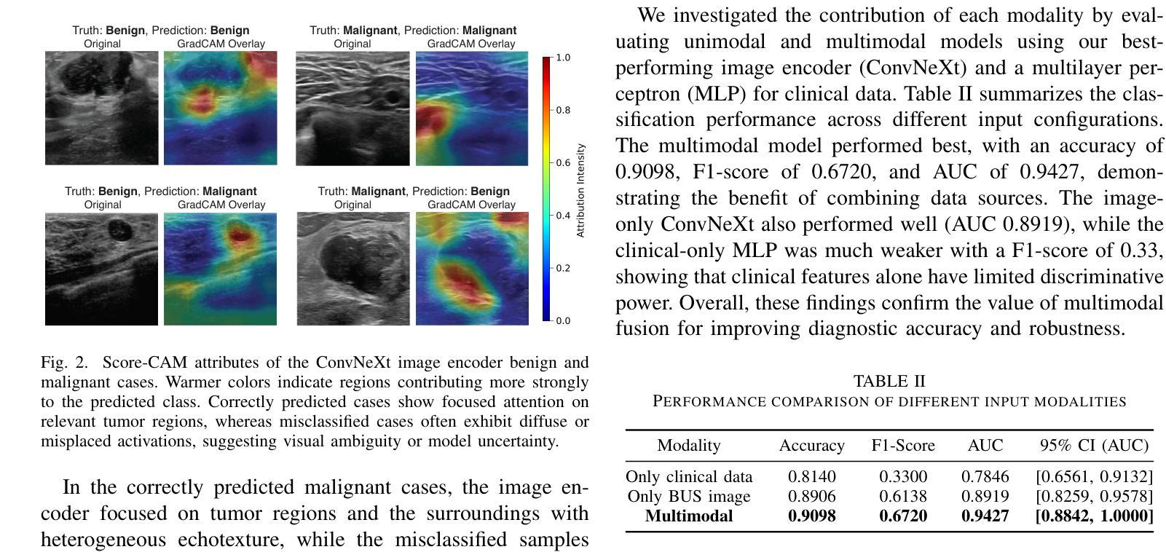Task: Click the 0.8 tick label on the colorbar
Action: click(x=563, y=110)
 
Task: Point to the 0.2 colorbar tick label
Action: click(x=563, y=268)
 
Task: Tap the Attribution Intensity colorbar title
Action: click(x=580, y=190)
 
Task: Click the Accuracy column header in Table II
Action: click(x=811, y=446)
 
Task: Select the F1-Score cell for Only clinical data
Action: click(x=903, y=477)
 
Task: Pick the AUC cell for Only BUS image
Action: click(x=985, y=497)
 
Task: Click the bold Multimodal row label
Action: click(x=689, y=516)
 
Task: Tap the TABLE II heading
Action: click(x=889, y=382)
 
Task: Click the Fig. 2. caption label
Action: click(x=64, y=363)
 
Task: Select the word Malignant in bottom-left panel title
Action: click(x=229, y=192)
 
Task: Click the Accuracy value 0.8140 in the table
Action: click(x=811, y=477)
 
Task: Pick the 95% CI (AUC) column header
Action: click(x=1094, y=446)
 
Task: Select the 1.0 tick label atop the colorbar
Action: click(x=563, y=58)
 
